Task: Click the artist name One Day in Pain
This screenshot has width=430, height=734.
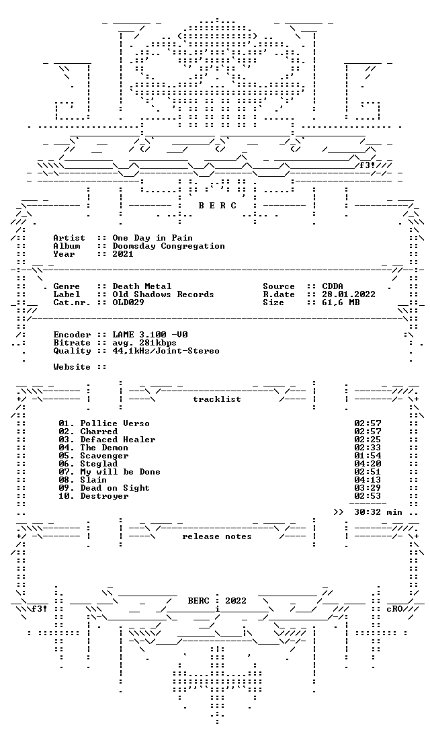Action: (153, 238)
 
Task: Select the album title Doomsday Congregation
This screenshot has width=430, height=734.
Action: (169, 246)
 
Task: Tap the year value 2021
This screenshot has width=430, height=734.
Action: (123, 254)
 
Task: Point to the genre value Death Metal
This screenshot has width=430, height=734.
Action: (142, 286)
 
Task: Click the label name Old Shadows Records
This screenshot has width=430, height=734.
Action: (163, 294)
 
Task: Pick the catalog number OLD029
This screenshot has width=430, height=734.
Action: (129, 302)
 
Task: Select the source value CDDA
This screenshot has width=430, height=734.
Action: (333, 286)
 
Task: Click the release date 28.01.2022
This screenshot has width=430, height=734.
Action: (349, 294)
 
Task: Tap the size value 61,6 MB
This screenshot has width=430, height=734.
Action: (341, 303)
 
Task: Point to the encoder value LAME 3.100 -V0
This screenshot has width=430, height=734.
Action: (150, 335)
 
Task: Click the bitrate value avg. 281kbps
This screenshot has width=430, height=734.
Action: (144, 343)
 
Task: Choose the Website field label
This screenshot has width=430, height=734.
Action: (72, 367)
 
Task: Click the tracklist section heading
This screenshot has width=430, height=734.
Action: (217, 399)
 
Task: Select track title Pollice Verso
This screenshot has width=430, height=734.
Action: (115, 423)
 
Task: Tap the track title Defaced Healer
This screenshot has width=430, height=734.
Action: (118, 440)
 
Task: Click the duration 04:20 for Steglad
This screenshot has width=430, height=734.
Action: (368, 464)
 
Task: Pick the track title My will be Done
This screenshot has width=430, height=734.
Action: (120, 472)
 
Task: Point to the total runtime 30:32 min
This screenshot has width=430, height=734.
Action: (378, 512)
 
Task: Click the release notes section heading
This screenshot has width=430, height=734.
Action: (217, 536)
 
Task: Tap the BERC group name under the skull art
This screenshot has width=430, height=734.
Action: (218, 206)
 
